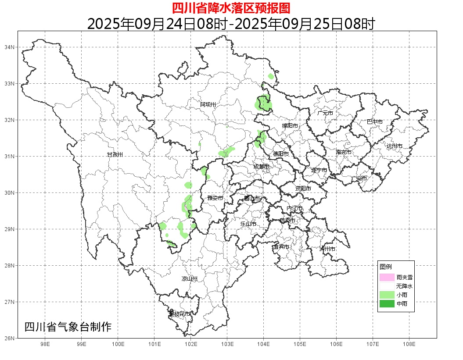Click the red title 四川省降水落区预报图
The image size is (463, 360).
click(231, 8)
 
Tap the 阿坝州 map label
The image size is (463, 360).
click(208, 104)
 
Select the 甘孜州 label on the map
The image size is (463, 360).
click(115, 155)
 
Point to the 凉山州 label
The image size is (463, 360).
click(190, 279)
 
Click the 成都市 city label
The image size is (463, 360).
click(261, 167)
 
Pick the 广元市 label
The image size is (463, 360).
click(325, 113)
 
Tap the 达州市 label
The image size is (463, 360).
click(395, 146)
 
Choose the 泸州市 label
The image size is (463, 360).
click(327, 249)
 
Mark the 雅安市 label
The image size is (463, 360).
click(215, 198)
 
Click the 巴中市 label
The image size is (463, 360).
click(375, 122)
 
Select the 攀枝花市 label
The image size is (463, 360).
click(180, 314)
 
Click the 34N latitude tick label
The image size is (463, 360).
click(10, 47)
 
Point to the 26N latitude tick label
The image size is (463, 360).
click(10, 338)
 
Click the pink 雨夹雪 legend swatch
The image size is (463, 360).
click(387, 277)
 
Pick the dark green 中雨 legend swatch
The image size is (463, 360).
click(387, 303)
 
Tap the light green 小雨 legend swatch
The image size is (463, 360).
click(387, 295)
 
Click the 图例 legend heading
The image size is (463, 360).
click(386, 267)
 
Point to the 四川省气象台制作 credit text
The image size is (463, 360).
click(68, 327)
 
